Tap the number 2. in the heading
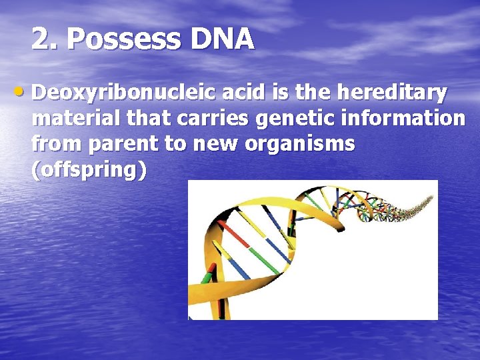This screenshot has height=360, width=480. pos(45,40)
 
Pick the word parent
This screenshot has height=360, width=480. pos(130,144)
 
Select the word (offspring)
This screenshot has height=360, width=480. pos(89,169)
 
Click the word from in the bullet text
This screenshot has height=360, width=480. pos(58,144)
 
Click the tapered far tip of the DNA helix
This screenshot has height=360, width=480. pos(432,199)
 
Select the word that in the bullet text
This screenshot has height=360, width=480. pos(147,119)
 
